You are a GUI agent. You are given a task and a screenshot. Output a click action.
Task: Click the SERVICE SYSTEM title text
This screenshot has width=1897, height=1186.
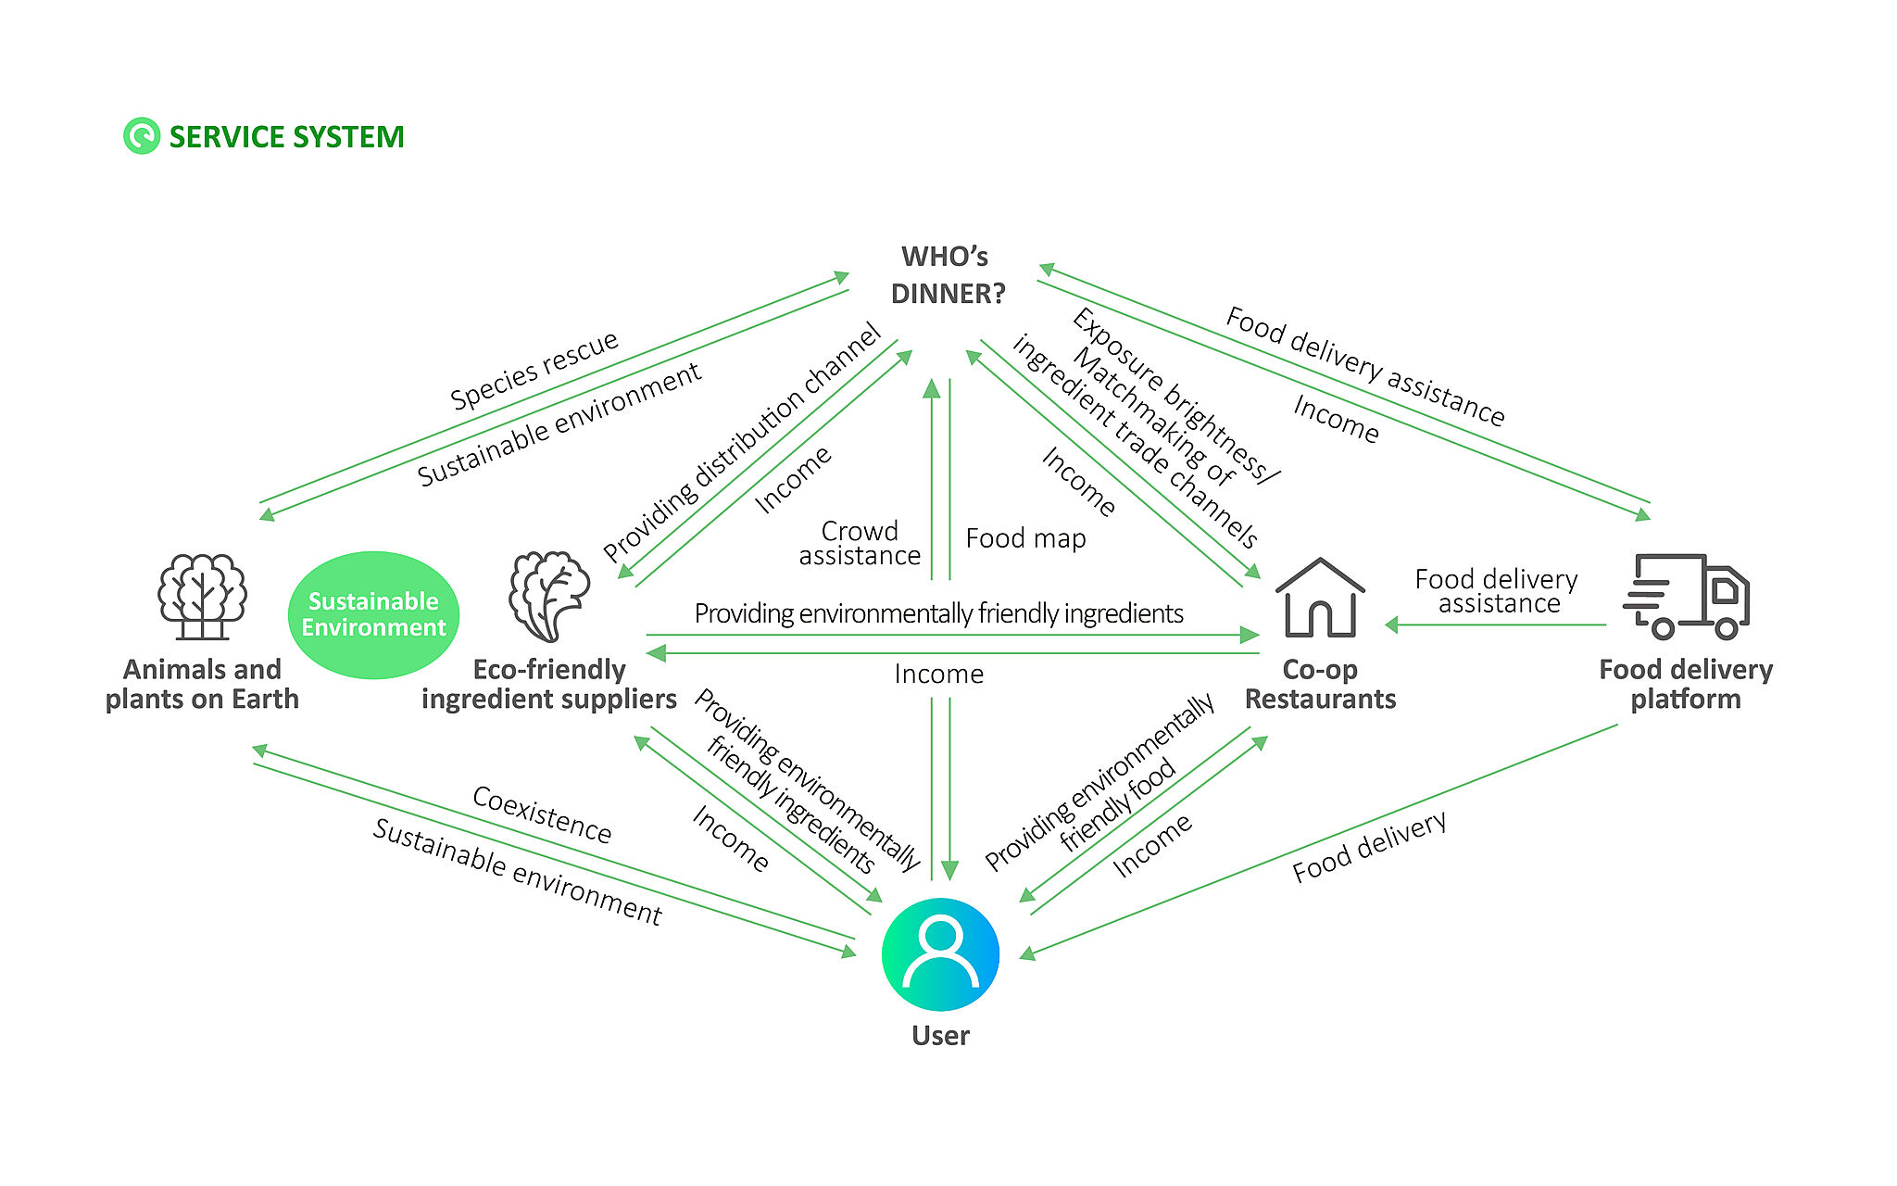[286, 137]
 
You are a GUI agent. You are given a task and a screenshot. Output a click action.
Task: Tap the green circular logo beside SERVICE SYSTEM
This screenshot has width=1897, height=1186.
[142, 136]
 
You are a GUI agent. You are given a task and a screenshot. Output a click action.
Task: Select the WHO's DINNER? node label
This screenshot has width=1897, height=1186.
[947, 275]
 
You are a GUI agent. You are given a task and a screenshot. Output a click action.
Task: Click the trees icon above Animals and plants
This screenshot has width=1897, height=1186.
[202, 596]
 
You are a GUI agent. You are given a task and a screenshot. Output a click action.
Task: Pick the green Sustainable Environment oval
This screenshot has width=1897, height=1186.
[373, 615]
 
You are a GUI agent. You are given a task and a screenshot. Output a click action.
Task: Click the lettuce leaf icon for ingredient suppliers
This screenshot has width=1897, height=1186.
[549, 597]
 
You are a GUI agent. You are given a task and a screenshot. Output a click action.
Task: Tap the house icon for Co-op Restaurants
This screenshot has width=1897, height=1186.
[1320, 598]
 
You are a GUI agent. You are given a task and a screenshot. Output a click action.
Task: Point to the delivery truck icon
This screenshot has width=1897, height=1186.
[1686, 597]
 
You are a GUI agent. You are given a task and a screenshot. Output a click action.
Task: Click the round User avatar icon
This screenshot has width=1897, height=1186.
[940, 953]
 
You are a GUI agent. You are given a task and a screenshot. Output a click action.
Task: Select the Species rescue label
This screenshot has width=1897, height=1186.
[534, 371]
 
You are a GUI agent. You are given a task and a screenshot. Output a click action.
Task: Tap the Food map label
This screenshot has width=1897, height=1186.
[1025, 538]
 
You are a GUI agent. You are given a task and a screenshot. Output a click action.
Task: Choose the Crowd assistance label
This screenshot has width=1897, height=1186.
[860, 544]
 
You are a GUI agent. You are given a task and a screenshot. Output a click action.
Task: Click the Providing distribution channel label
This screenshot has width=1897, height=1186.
[741, 443]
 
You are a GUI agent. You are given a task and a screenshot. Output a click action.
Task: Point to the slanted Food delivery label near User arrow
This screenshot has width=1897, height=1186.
[1369, 847]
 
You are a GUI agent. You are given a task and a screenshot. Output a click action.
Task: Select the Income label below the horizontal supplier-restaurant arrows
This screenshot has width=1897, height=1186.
[938, 675]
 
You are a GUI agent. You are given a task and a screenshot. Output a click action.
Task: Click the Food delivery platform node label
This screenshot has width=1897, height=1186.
[1686, 684]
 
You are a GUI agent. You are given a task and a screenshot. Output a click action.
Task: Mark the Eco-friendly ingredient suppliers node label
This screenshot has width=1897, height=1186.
[549, 684]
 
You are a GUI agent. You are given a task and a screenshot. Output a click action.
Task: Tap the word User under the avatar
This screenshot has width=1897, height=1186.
[940, 1036]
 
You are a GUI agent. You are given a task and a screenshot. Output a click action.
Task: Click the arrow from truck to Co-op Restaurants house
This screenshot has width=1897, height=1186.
[1495, 625]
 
